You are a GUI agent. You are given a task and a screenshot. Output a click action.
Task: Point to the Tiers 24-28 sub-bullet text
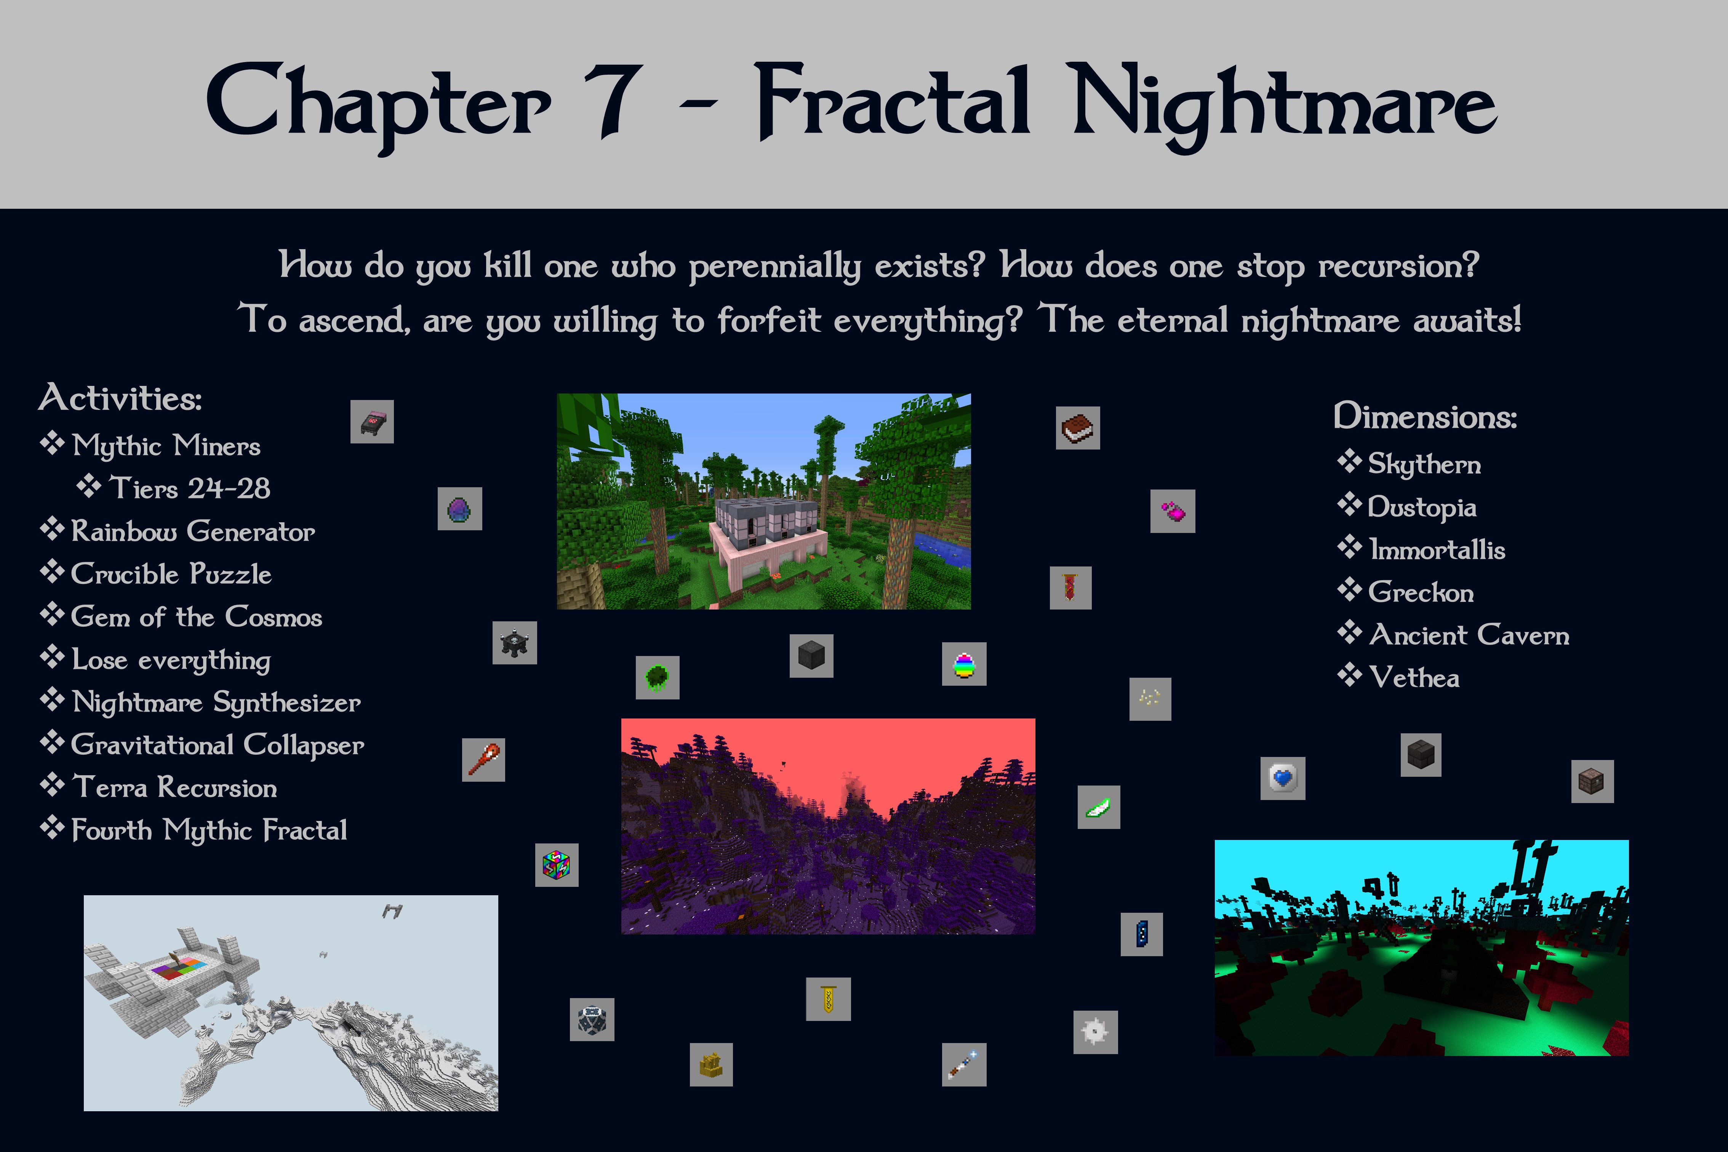click(190, 488)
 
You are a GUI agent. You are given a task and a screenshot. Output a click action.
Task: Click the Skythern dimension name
click(1424, 464)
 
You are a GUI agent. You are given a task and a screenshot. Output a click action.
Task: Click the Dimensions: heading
click(1425, 417)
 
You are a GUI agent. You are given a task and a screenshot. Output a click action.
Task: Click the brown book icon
click(1078, 427)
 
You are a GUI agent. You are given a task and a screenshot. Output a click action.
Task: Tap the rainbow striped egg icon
click(964, 664)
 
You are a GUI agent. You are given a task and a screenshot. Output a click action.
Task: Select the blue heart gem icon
click(1283, 778)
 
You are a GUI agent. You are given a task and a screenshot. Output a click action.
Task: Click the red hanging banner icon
click(1070, 588)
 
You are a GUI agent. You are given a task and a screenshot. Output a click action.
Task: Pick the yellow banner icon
click(828, 999)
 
